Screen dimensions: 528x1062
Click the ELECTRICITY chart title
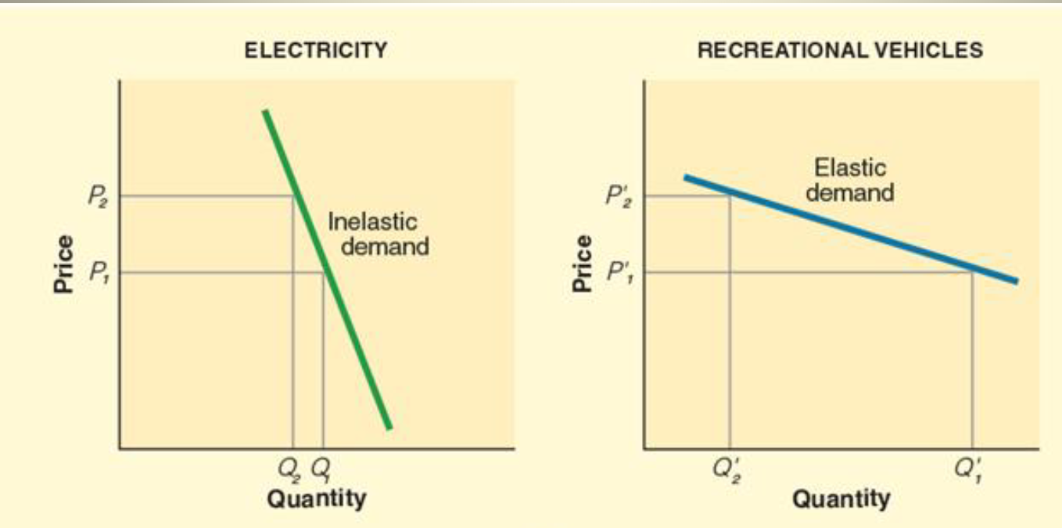coord(315,51)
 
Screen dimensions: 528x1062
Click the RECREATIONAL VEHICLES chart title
coord(840,51)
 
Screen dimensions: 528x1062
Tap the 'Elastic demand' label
coord(850,180)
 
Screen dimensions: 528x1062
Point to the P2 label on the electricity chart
coord(99,196)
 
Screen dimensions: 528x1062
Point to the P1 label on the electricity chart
coord(99,272)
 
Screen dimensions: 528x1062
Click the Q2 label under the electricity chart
coord(291,470)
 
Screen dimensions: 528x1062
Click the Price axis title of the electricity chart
coord(64,264)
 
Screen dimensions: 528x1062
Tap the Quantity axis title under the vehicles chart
coord(841,498)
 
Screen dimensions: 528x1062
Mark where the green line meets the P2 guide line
coord(293,196)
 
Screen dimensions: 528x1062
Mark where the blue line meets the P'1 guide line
coord(972,271)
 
